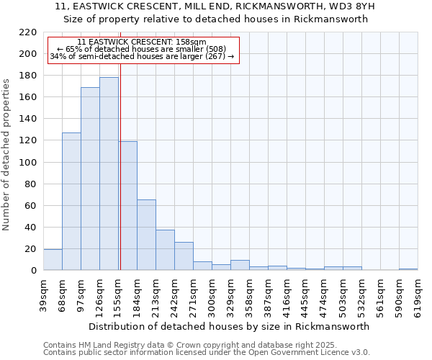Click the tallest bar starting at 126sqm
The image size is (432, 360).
coord(109,174)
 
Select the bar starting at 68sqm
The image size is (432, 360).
coord(71,202)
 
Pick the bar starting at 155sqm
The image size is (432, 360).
coord(128,205)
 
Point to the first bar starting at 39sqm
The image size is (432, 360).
coord(53,260)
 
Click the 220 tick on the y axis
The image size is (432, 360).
coord(29,32)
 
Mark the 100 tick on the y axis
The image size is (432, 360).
coord(29,162)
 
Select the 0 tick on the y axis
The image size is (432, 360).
coord(34,271)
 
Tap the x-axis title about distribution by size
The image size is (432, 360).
coord(230,326)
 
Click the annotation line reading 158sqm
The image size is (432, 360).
coord(141,42)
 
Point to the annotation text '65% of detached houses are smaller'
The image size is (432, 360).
coord(141,49)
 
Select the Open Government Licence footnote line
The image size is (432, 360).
coord(207,353)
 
